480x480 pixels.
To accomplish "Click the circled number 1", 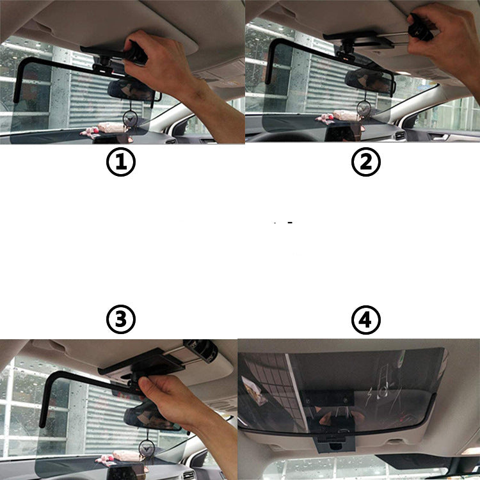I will [x=121, y=163].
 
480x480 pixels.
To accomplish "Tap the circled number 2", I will [x=365, y=163].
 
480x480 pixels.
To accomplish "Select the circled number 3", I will [x=121, y=319].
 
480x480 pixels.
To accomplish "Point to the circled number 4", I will [x=365, y=319].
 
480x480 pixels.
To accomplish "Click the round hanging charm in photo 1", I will [x=130, y=118].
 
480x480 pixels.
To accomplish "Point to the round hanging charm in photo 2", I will [x=369, y=104].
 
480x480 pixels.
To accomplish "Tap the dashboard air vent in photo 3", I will [x=188, y=474].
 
